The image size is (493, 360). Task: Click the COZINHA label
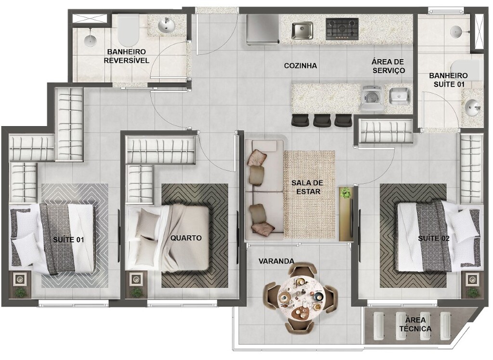click(x=300, y=66)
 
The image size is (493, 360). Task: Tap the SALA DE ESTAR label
click(x=307, y=187)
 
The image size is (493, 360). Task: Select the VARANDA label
click(x=276, y=261)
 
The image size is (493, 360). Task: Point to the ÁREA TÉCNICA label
click(x=415, y=324)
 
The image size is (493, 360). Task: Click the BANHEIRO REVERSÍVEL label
click(x=127, y=56)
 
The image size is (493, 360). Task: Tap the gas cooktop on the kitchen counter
click(x=342, y=29)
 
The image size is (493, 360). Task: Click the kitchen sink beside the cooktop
click(x=302, y=30)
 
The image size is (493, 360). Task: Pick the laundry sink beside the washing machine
click(x=400, y=96)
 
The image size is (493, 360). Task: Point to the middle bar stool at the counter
click(x=322, y=120)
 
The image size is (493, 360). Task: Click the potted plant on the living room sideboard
click(x=346, y=193)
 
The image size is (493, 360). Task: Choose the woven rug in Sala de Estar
click(x=309, y=194)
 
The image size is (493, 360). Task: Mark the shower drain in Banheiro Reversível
click(x=90, y=39)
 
